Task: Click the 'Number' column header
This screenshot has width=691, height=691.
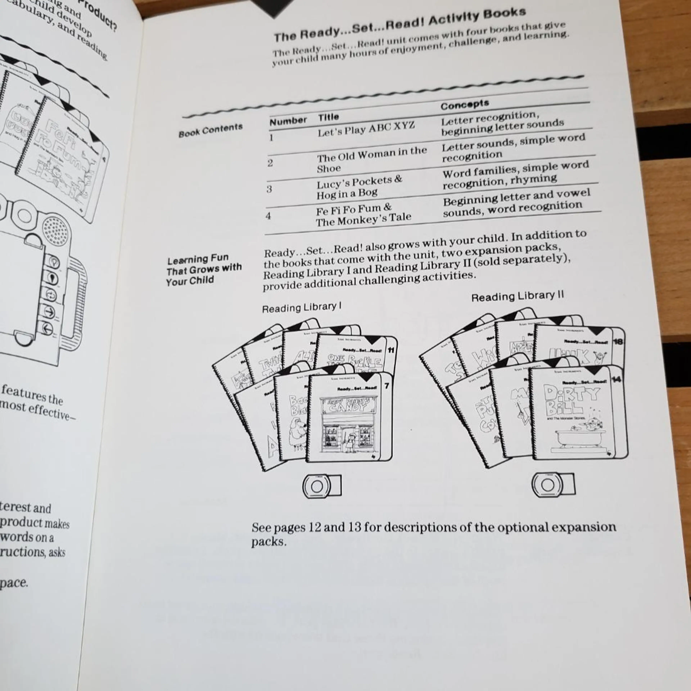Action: [x=288, y=121]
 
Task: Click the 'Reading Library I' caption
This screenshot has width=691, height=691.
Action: [x=301, y=308]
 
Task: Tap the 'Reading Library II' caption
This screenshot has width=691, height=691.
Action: [x=517, y=296]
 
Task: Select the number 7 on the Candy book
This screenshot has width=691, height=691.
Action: [x=386, y=386]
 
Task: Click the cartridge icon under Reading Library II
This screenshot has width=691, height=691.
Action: [x=553, y=485]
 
